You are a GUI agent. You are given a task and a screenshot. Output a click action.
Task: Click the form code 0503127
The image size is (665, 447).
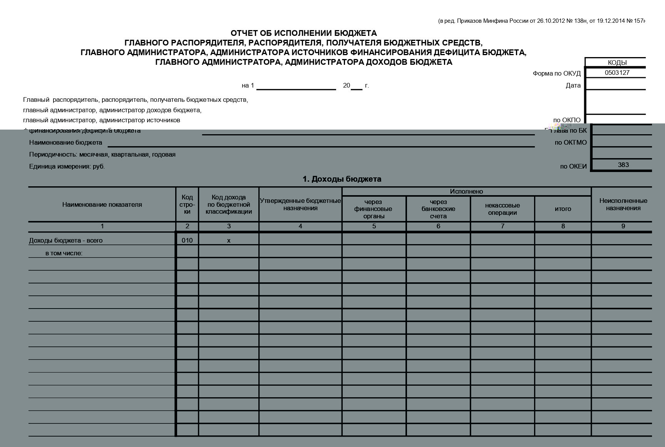(617, 73)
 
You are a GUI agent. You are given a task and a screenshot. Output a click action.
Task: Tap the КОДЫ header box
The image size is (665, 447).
(617, 62)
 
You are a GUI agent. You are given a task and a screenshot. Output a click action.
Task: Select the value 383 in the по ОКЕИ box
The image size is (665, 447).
(623, 165)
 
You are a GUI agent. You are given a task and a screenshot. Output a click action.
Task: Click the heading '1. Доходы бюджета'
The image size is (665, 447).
(342, 179)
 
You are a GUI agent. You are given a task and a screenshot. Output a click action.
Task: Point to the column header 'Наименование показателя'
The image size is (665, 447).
(102, 205)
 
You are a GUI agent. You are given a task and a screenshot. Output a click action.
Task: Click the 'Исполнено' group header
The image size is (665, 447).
(466, 192)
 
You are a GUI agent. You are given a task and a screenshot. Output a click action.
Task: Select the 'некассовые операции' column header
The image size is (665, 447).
(502, 209)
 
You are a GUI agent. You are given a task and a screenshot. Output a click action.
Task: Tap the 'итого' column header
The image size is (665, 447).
(563, 209)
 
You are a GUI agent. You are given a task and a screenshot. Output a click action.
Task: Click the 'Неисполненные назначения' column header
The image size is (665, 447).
(623, 204)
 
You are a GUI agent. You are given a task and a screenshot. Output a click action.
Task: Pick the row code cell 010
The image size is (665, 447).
(187, 240)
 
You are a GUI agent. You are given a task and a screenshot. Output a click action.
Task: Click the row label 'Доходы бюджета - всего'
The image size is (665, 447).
(66, 240)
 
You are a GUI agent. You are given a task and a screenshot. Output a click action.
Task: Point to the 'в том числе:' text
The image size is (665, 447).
(64, 253)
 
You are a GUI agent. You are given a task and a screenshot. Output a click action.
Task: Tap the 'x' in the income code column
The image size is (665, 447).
(229, 240)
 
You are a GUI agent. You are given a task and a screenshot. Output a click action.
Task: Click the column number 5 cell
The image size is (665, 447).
(374, 226)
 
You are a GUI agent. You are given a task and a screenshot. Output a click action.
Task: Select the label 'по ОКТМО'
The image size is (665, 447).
(571, 143)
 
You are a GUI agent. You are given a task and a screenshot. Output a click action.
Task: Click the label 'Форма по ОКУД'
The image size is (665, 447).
(556, 74)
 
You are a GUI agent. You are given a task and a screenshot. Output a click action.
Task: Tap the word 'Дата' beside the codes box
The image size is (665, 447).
(573, 86)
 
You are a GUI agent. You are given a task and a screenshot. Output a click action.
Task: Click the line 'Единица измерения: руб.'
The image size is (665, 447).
(67, 167)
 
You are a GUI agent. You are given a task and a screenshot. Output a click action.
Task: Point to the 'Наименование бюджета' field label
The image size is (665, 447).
(66, 143)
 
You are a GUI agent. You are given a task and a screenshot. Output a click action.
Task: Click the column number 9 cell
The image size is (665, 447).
(623, 226)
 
